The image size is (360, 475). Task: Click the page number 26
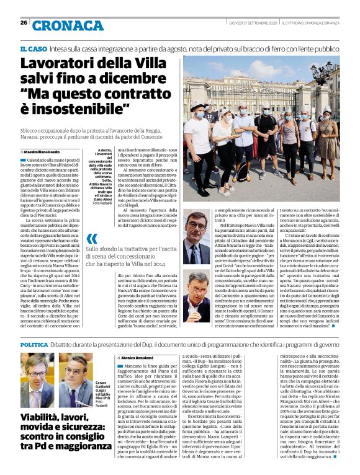tap(23, 22)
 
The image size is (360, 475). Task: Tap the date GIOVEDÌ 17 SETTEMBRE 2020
tap(252, 23)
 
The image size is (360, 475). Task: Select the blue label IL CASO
tap(34, 48)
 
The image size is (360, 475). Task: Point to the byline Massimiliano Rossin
tap(44, 151)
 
